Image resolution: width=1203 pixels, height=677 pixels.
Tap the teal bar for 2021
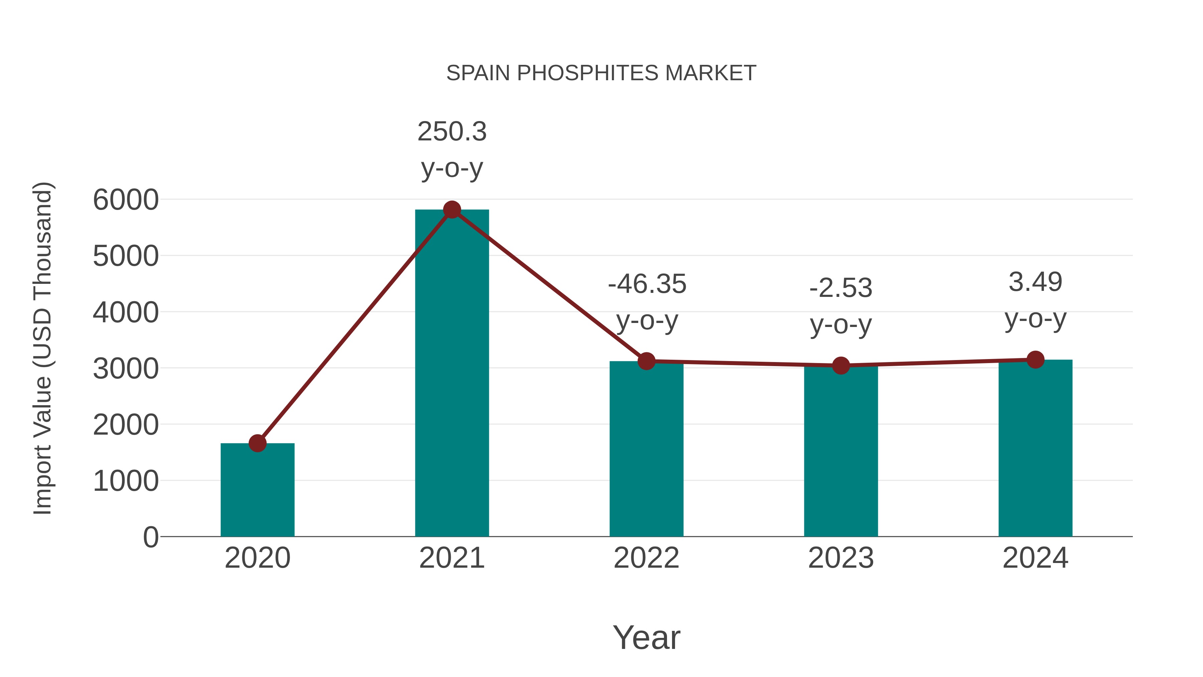(451, 374)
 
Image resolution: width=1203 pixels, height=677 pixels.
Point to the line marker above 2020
(257, 443)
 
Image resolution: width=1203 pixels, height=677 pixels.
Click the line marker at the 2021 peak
(451, 210)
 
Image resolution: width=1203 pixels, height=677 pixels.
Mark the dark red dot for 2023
(841, 365)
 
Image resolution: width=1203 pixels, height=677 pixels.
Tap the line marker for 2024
(1035, 359)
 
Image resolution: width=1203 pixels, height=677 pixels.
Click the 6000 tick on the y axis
(126, 200)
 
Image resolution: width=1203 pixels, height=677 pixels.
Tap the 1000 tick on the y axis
(126, 481)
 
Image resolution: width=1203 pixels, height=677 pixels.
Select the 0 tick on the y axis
(150, 537)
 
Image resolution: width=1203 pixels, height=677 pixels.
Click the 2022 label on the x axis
(646, 558)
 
